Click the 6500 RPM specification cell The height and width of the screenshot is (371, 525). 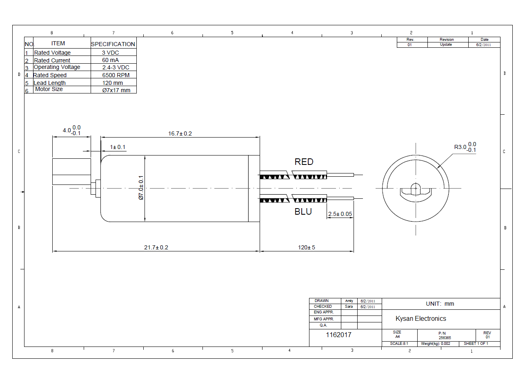[x=116, y=75]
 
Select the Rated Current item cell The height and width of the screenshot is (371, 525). [x=52, y=60]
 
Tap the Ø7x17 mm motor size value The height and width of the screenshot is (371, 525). [x=116, y=90]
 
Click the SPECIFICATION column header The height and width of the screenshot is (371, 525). [x=113, y=44]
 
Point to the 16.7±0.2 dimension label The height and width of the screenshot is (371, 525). [x=180, y=133]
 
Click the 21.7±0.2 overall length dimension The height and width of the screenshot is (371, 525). [x=156, y=247]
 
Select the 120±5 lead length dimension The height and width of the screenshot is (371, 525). [x=307, y=247]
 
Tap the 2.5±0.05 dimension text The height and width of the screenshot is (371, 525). [x=340, y=214]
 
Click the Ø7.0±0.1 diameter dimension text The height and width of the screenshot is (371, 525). [x=141, y=188]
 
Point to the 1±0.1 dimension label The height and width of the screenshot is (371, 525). [x=118, y=147]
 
